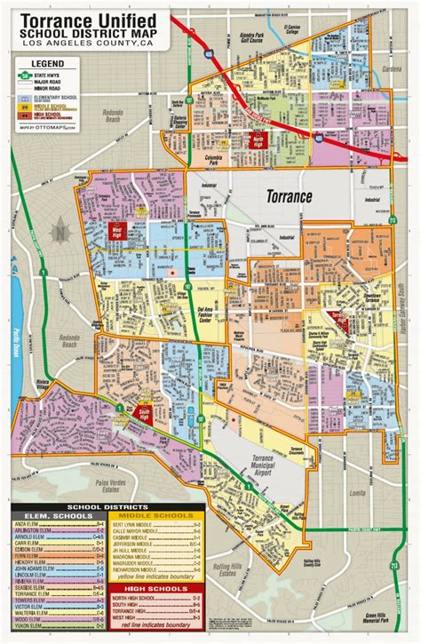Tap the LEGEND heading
click(x=46, y=64)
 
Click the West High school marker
click(x=116, y=231)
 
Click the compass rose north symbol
click(x=59, y=234)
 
